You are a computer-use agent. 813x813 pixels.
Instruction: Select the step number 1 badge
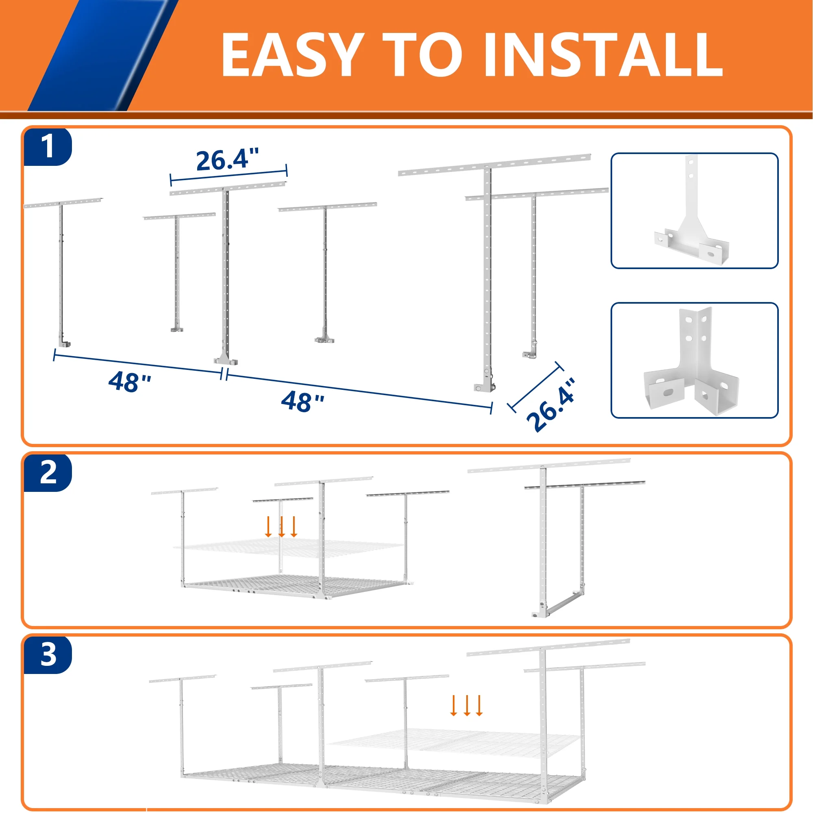48,146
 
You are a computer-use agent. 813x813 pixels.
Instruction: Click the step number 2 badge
48,473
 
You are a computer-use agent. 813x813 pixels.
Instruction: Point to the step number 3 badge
48,655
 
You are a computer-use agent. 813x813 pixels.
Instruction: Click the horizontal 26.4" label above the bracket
227,159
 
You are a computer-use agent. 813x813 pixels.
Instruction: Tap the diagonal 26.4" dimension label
551,405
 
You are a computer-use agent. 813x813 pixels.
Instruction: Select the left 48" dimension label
130,382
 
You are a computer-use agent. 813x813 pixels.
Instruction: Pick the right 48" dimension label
302,401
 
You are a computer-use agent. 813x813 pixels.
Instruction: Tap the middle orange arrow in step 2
282,526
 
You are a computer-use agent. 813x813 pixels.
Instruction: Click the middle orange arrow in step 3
467,706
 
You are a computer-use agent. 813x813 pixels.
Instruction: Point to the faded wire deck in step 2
289,548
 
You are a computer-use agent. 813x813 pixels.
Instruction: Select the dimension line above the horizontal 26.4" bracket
228,176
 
